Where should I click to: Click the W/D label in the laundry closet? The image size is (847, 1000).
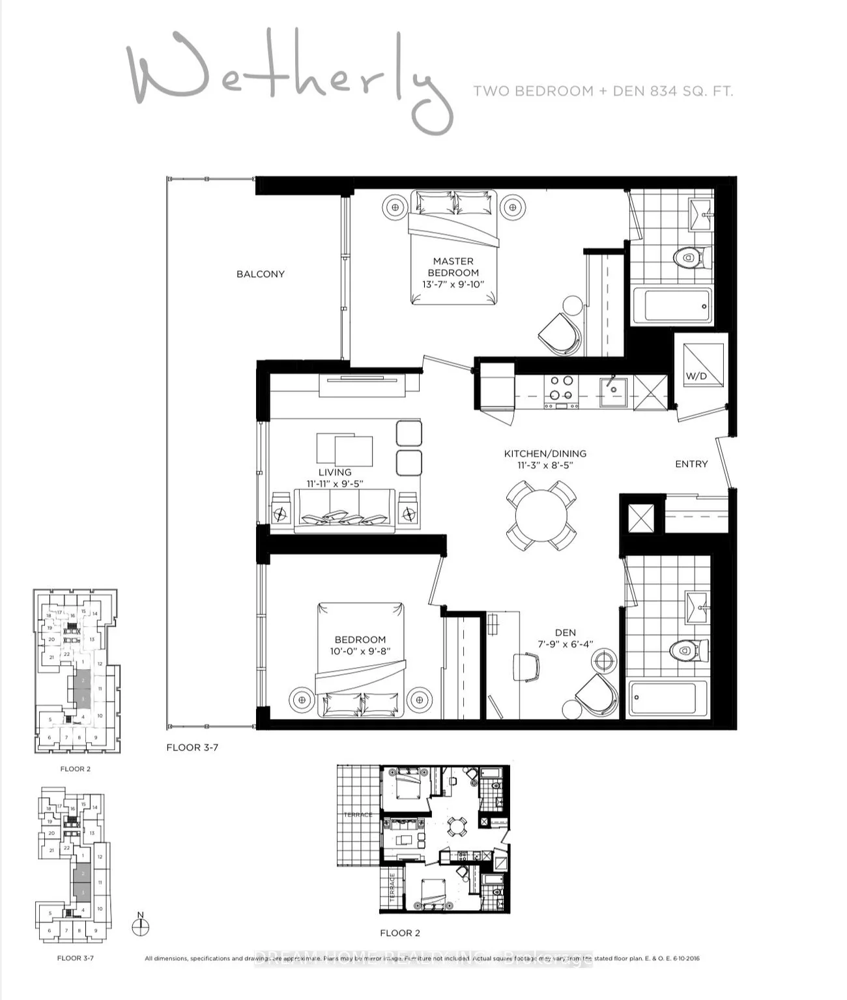(696, 376)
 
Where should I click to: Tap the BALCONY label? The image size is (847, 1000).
(260, 274)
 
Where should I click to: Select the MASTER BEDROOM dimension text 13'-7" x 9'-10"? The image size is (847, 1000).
(453, 285)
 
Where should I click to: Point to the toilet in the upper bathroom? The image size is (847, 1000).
(688, 258)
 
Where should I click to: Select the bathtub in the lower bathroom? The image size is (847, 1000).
(667, 698)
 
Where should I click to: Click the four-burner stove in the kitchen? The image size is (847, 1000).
(561, 388)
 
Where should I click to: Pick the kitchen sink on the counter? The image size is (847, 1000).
(613, 392)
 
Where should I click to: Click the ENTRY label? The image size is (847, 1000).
(691, 464)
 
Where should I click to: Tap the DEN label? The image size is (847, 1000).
(565, 633)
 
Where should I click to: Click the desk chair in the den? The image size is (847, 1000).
(526, 666)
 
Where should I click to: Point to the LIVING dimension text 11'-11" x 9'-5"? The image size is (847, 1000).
(334, 484)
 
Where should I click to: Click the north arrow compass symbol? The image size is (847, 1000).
(140, 926)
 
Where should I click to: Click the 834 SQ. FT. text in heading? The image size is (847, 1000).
(691, 91)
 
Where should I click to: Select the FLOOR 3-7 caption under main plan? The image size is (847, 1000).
(192, 747)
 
